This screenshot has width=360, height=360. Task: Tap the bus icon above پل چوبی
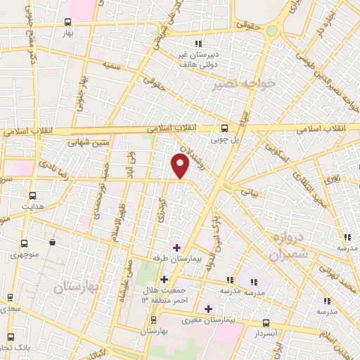pyautogui.click(x=224, y=128)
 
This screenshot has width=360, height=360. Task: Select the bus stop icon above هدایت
pyautogui.click(x=32, y=195)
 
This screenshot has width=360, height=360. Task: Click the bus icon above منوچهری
pyautogui.click(x=25, y=243)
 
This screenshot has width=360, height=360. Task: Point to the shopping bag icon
pyautogui.click(x=53, y=243)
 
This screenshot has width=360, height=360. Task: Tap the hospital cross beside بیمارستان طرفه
pyautogui.click(x=176, y=247)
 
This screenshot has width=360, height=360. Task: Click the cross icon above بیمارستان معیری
pyautogui.click(x=208, y=308)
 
